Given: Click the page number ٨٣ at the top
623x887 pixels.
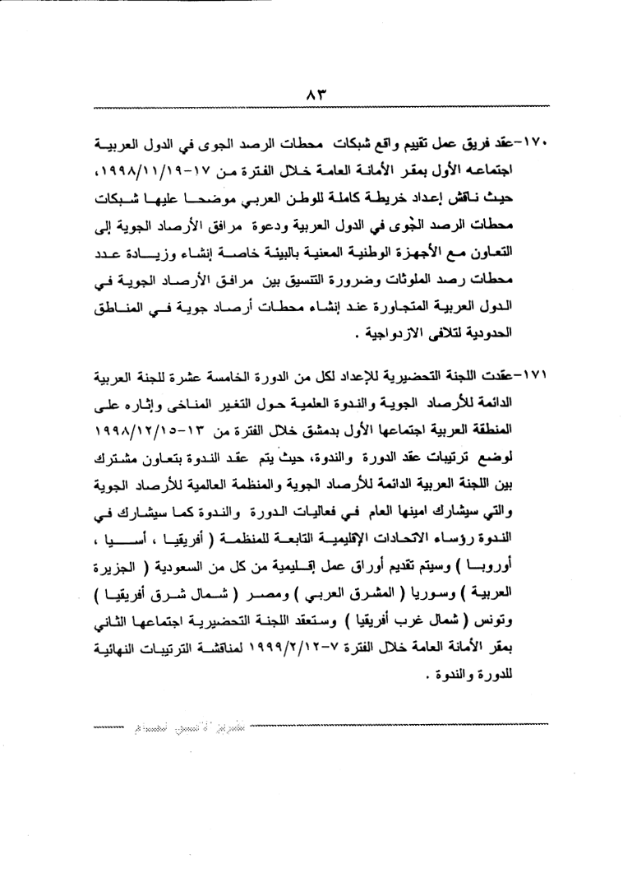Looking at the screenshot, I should (x=311, y=95).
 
